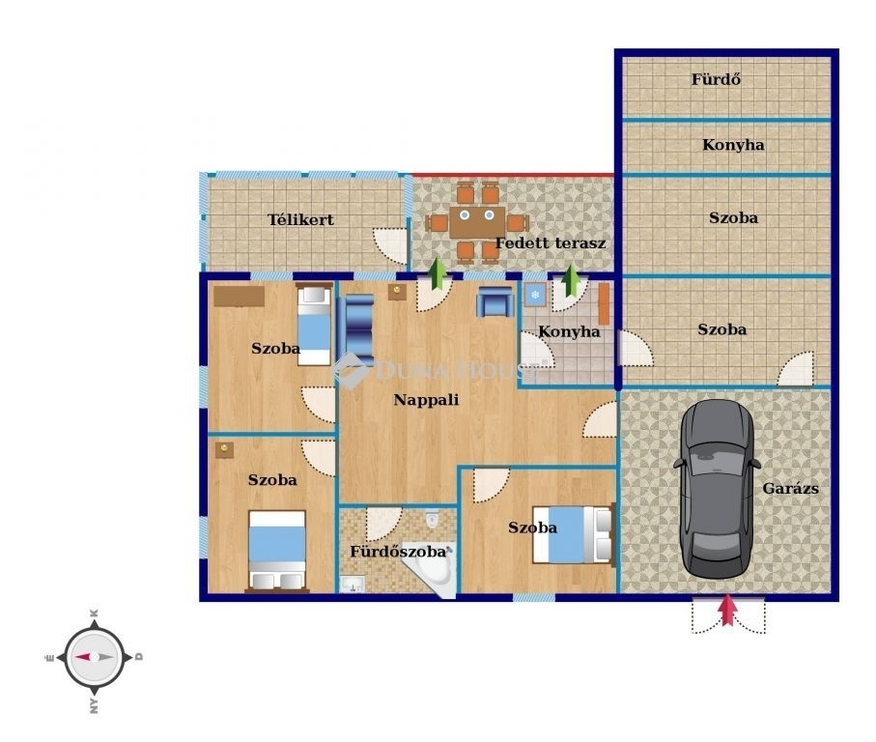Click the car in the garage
717,489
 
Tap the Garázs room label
790,488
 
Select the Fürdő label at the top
717,79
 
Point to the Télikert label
300,219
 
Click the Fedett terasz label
551,243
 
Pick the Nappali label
426,399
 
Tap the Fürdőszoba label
398,552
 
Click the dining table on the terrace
477,222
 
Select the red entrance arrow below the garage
727,610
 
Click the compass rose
94,657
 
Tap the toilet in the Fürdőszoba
433,519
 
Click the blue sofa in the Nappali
358,329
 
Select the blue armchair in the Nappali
495,301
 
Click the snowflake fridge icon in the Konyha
535,295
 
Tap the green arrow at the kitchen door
571,280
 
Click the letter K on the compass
95,613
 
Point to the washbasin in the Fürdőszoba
353,585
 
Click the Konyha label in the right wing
733,145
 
